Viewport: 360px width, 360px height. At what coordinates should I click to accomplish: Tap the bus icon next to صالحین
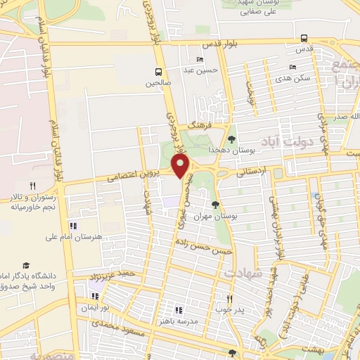point(159,72)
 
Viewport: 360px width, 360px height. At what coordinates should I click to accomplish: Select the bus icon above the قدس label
point(304,38)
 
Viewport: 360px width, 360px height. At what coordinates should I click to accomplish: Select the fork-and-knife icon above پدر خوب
point(229,298)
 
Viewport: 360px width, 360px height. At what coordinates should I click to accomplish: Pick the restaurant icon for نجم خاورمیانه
point(32,185)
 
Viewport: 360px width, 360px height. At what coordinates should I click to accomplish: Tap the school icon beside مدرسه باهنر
point(179,309)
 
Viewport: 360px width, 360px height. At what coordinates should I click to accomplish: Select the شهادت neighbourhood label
point(243,271)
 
